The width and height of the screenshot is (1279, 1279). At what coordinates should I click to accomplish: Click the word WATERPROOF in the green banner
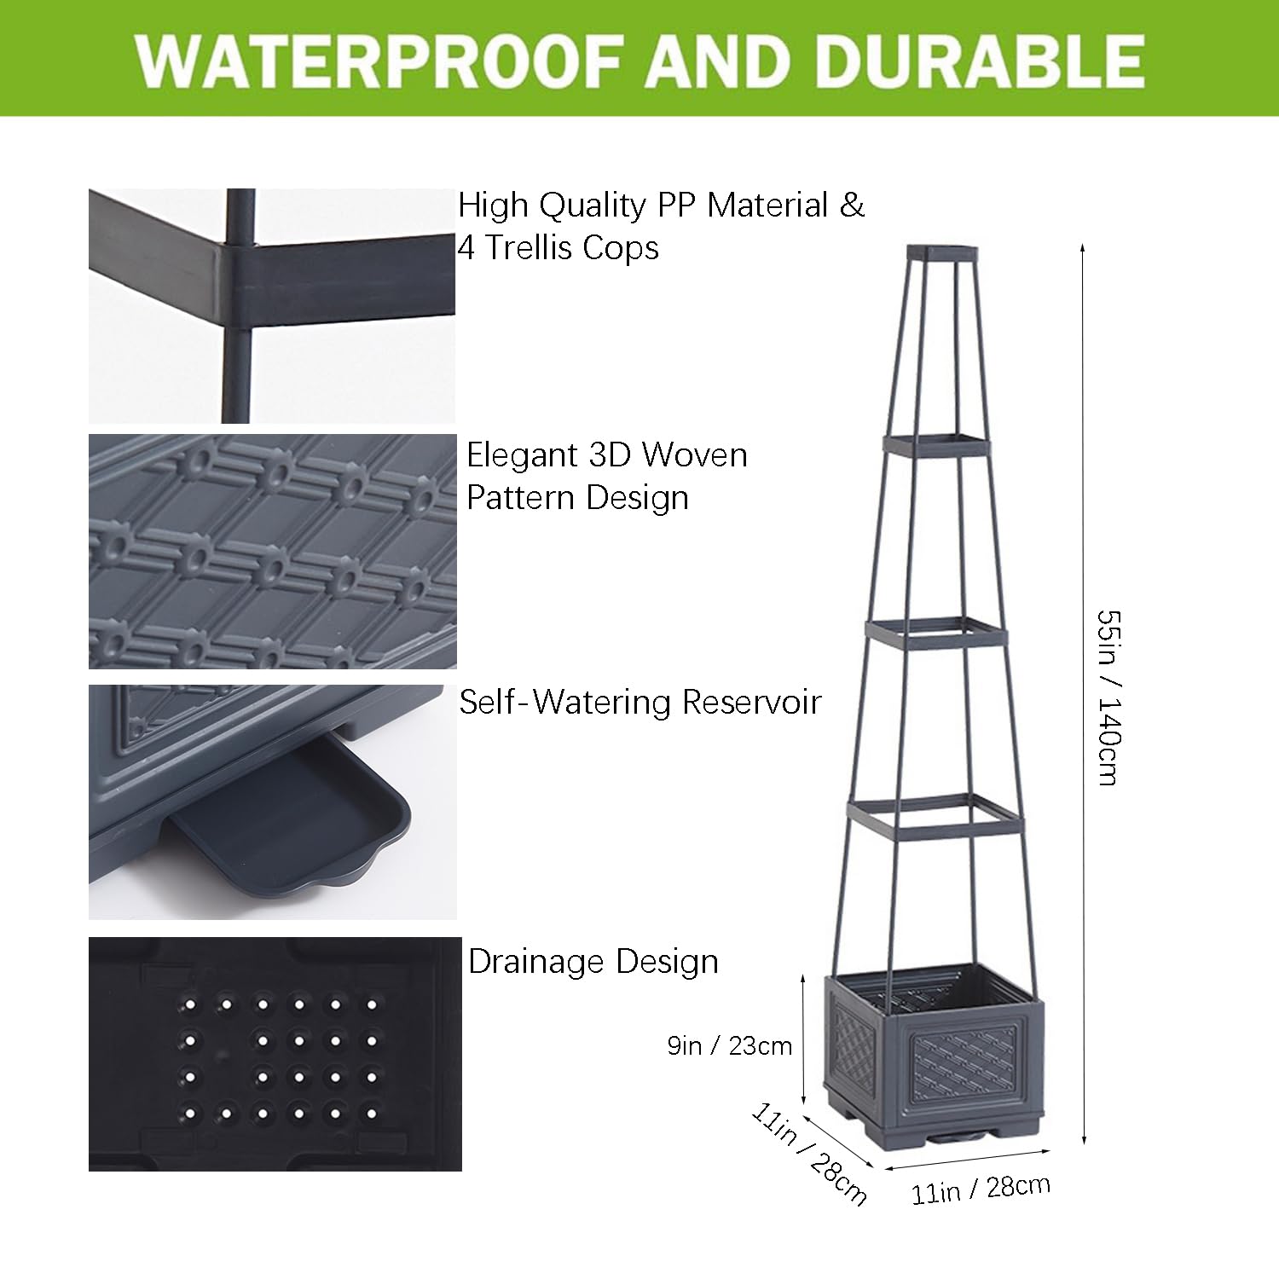pyautogui.click(x=379, y=59)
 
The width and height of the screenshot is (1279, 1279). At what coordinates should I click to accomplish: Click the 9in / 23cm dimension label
pyautogui.click(x=730, y=1045)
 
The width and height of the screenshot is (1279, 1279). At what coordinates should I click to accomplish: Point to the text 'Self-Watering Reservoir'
pyautogui.click(x=639, y=702)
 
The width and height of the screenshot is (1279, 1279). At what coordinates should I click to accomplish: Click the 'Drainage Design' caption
pyautogui.click(x=593, y=962)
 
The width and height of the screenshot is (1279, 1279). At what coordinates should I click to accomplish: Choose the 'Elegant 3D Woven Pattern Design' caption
pyautogui.click(x=606, y=476)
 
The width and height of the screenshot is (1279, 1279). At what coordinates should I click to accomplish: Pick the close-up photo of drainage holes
pyautogui.click(x=275, y=1054)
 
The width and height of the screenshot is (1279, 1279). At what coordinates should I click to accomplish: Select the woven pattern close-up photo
pyautogui.click(x=272, y=551)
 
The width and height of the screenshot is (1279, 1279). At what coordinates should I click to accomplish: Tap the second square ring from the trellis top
pyautogui.click(x=937, y=443)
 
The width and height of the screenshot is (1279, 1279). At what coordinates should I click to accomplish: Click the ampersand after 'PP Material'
pyautogui.click(x=852, y=205)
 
